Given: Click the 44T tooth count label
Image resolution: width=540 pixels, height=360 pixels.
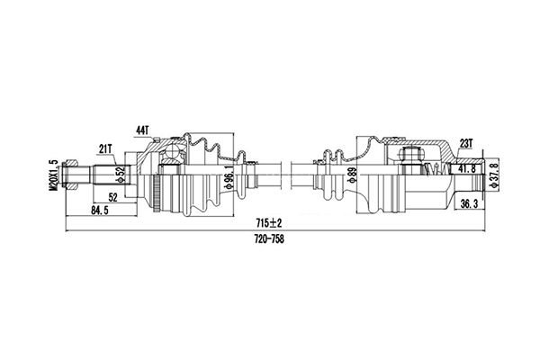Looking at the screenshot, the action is [142, 130].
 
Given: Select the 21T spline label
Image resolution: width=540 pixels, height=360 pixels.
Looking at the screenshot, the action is [104, 148].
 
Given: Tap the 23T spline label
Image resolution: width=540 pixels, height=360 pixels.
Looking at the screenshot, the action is [466, 143].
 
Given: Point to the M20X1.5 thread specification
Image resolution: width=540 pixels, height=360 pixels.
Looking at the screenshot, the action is [53, 175].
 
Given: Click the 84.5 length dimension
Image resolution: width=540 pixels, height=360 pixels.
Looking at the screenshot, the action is [100, 211].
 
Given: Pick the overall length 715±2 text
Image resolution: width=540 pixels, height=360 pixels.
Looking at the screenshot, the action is [268, 223].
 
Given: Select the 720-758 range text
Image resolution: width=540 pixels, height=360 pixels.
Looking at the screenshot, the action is [269, 238].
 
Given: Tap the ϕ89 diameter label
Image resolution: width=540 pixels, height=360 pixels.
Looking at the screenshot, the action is [351, 175].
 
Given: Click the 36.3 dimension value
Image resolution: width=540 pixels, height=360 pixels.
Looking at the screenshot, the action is [469, 204].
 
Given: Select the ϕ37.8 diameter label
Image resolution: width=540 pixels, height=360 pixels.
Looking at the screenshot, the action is [495, 175].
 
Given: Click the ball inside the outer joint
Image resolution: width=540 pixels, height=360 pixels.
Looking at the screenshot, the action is [171, 151].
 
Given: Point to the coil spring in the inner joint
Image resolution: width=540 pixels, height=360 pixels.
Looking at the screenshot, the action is [436, 169].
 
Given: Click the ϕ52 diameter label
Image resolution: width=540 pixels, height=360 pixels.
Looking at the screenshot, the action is [120, 175].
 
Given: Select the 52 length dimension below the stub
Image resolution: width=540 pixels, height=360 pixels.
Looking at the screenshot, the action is [113, 197].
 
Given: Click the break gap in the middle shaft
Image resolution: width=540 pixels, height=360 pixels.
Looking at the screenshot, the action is [286, 175].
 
